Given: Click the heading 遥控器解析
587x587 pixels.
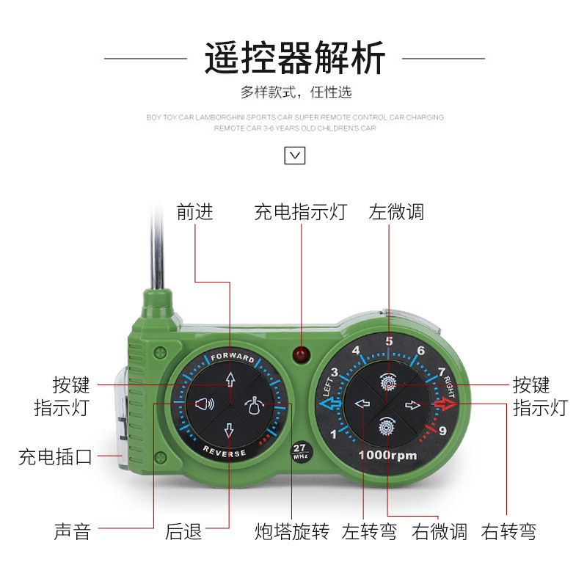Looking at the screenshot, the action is coord(294,59).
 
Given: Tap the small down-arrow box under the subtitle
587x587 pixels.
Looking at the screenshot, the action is coord(294,155).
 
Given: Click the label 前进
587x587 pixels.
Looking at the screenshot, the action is coord(195,212).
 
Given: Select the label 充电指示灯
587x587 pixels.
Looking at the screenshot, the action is coord(300,212).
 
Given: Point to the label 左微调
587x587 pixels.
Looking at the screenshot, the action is coord(396,212).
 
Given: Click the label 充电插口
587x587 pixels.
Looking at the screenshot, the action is coord(56,457).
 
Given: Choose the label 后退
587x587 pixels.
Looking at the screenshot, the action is coord(183,531).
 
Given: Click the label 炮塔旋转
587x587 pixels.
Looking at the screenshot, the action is coord(291,531).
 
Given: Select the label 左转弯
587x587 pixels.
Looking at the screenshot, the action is coord(369,531).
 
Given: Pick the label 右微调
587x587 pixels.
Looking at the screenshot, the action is coord(440,531).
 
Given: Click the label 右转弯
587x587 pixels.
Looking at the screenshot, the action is coord(508,531).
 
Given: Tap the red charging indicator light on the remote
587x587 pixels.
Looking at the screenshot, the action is coord(300,356).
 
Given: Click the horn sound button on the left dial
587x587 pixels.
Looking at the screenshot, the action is coord(204,403).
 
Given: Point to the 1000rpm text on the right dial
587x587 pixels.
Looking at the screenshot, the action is coord(387,456).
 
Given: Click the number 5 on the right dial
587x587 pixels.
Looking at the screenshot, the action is coord(389,340).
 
